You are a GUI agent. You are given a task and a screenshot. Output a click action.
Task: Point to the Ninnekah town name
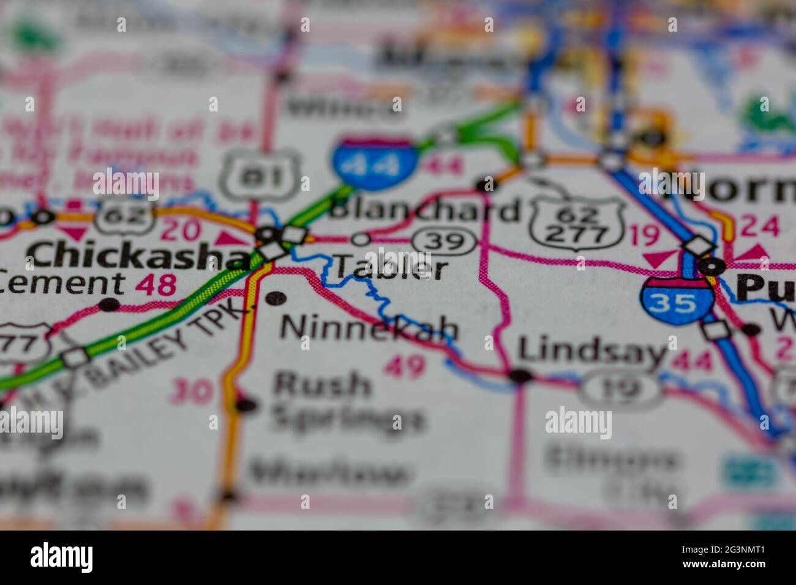[x=369, y=329]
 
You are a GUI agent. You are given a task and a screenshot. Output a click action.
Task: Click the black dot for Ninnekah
[x=276, y=298]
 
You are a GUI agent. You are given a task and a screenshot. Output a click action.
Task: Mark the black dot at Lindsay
[x=520, y=376]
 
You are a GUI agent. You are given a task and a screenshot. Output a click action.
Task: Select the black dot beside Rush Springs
[x=246, y=404]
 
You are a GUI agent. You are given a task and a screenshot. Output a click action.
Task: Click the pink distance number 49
[x=405, y=367]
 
